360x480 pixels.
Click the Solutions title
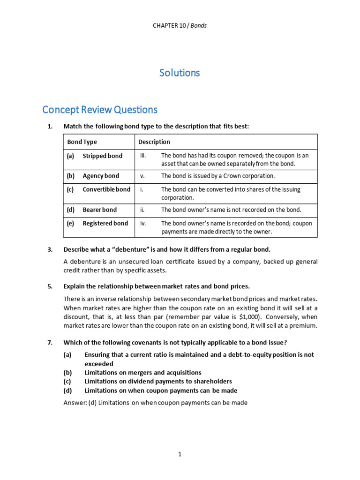tap(180, 73)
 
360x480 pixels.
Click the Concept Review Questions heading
tap(100, 110)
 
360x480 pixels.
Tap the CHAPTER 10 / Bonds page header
tap(180, 25)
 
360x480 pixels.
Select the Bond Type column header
tap(82, 142)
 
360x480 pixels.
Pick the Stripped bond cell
tap(102, 156)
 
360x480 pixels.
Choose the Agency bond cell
tap(101, 176)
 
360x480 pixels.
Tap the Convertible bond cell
tap(106, 189)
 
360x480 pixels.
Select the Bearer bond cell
tap(100, 210)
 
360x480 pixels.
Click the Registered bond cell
tap(105, 223)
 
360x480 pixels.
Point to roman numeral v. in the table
tap(142, 176)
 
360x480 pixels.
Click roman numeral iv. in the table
tap(143, 223)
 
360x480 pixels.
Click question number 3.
tap(50, 249)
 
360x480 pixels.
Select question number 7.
tap(50, 342)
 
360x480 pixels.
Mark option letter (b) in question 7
tap(67, 373)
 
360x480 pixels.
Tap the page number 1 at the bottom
tap(180, 454)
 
